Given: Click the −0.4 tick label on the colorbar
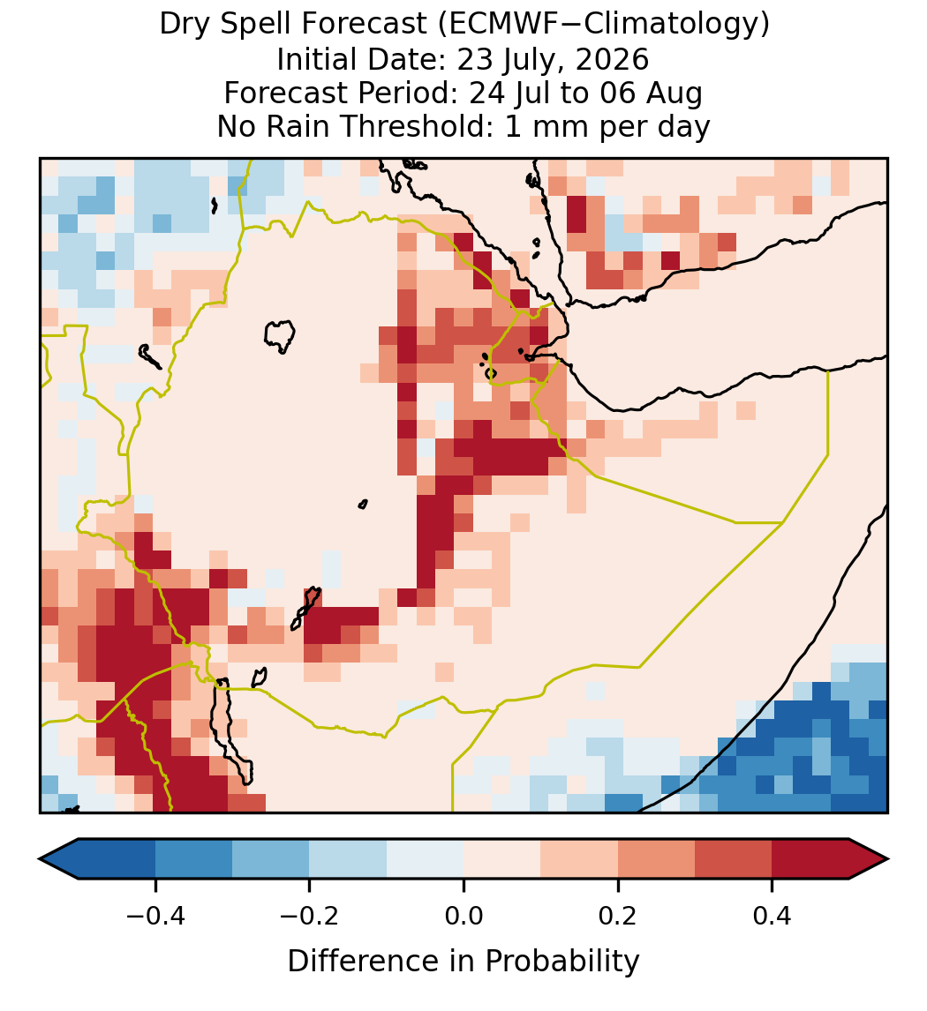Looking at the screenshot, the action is [155, 916].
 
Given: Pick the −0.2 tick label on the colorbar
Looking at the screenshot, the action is [310, 916].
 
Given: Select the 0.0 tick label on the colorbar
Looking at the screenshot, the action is [463, 916].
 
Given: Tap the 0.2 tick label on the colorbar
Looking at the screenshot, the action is [618, 916].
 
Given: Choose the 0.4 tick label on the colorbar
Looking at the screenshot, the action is [772, 916].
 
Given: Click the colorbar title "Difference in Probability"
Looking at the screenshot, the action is [463, 962].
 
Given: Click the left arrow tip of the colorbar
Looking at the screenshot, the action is [40, 859].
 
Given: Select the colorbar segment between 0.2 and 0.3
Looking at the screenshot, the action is [656, 859].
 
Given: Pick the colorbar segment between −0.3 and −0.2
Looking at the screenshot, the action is [271, 859].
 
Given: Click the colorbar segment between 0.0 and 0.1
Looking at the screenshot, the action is [501, 859].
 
